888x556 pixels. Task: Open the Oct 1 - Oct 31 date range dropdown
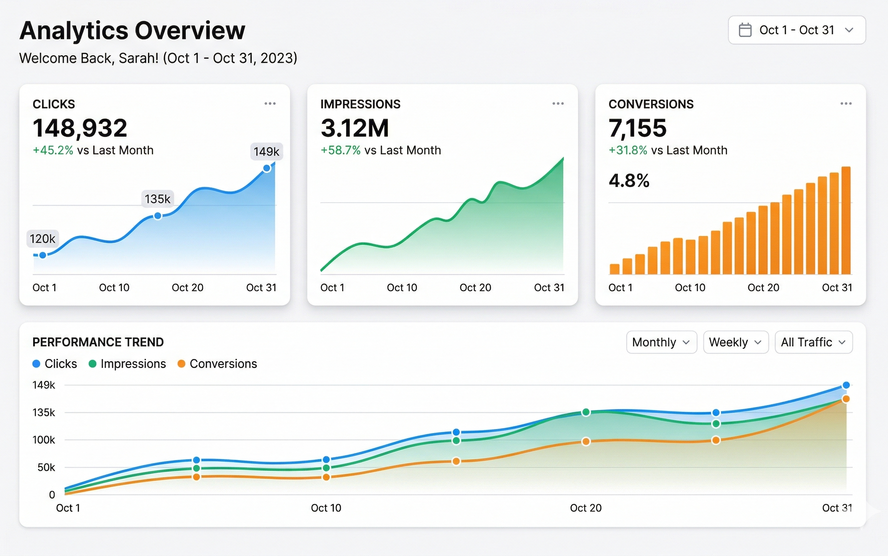pos(797,30)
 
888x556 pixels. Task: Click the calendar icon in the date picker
pos(745,30)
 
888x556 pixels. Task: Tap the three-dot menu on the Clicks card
pos(270,104)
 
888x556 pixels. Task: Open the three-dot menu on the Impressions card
pos(558,104)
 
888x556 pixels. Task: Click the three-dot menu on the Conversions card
pos(846,104)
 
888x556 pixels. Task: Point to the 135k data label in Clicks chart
pos(158,199)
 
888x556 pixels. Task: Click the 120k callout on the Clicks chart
pos(42,239)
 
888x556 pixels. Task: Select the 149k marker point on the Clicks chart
pos(267,168)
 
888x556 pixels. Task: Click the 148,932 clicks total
pos(80,128)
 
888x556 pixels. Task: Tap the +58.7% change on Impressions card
pos(341,150)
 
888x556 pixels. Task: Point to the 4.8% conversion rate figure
pos(629,180)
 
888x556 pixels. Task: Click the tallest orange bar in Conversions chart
pos(846,220)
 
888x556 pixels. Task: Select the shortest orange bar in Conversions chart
pos(614,269)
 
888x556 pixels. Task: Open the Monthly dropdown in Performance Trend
pos(661,342)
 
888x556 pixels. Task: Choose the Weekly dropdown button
pos(736,342)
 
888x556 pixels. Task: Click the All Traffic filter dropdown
pos(814,342)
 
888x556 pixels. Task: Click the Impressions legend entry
pos(127,364)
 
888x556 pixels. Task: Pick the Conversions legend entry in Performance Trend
pos(217,364)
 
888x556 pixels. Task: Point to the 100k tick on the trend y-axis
pos(44,440)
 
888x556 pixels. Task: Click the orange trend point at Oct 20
pos(586,442)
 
